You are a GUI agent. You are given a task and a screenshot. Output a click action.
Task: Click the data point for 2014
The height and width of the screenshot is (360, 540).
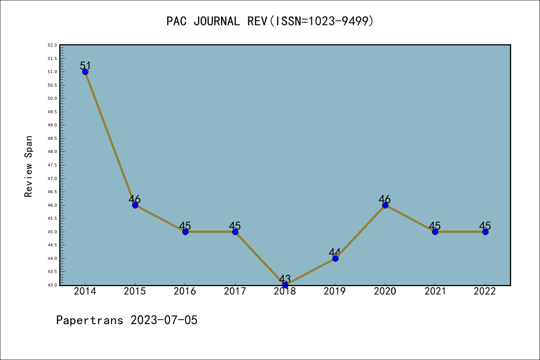(85, 72)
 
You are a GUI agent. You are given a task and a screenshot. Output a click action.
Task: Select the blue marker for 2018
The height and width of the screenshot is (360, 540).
(285, 285)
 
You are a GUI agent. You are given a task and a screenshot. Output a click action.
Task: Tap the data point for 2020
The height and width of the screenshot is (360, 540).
(385, 205)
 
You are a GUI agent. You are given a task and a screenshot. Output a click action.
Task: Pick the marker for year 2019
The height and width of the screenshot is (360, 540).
(335, 258)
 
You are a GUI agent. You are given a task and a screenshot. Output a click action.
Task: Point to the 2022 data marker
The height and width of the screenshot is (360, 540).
(485, 232)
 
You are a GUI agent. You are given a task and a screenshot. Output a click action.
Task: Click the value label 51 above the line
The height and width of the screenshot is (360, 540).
(85, 66)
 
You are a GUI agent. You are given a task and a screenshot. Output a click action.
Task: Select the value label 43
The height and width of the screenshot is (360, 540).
(285, 279)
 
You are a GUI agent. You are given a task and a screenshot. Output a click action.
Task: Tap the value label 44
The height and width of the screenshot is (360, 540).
(334, 252)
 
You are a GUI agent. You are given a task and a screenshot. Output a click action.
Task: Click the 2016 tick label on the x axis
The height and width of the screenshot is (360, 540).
(185, 291)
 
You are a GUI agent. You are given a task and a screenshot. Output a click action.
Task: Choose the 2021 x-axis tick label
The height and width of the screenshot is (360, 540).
(435, 291)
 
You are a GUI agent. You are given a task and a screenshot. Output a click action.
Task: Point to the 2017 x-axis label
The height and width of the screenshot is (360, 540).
(235, 291)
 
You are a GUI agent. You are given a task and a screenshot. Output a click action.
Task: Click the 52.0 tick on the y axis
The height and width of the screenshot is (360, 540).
(52, 45)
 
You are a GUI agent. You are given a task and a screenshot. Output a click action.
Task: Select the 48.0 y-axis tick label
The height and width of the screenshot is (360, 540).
(52, 151)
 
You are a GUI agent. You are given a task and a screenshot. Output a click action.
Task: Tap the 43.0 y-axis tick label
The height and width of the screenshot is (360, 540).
(52, 285)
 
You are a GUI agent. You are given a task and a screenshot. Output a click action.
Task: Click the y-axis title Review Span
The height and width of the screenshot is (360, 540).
(28, 166)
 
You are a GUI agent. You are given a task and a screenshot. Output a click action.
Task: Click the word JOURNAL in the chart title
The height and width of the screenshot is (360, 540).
(217, 21)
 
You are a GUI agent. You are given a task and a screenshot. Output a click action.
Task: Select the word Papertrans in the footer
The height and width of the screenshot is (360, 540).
(90, 320)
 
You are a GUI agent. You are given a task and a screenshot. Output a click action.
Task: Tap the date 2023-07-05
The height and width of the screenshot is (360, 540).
(164, 320)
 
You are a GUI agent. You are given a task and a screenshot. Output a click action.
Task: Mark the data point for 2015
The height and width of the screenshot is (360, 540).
(135, 205)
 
